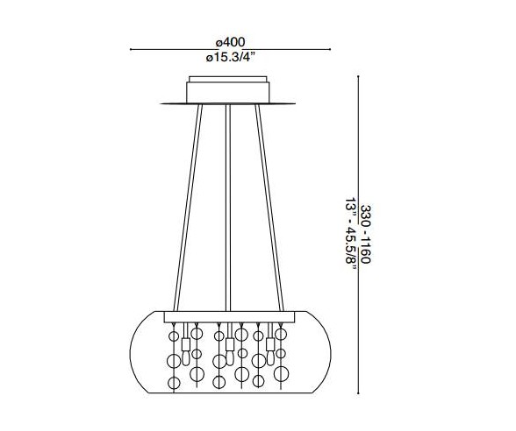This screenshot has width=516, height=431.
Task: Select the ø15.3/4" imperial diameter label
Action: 229,57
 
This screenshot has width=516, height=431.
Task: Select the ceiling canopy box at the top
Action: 228,91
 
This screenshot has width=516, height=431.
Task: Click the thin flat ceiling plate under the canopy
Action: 228,104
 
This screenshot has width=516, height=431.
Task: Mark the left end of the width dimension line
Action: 132,49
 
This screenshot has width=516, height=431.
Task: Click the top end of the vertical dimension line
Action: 360,77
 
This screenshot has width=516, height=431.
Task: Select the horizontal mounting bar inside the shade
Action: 227,314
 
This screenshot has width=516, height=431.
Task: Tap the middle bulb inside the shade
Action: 227,344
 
